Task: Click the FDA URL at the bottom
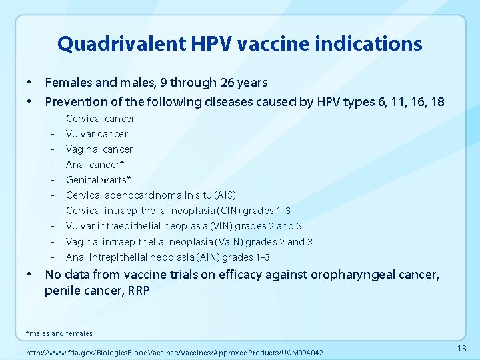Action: [x=174, y=352]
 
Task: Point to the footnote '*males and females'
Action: [x=59, y=333]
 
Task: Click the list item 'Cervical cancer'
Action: [x=100, y=119]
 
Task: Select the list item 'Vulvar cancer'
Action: [x=97, y=134]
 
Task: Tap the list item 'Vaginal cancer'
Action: [x=99, y=149]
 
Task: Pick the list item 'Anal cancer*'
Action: [x=95, y=165]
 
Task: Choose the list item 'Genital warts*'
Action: [x=98, y=180]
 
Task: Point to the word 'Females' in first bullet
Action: [x=67, y=83]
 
